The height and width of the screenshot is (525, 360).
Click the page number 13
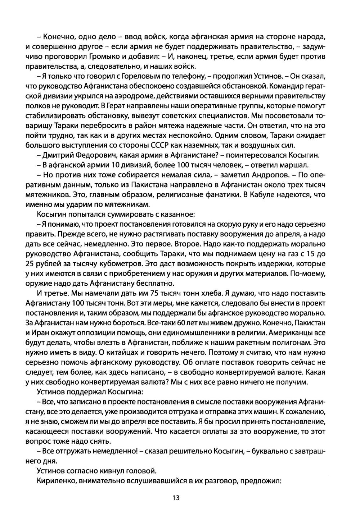[x=176, y=498]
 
